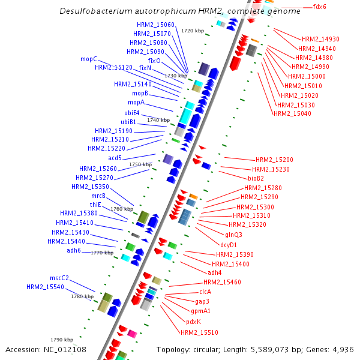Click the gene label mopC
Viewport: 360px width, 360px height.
coord(88,59)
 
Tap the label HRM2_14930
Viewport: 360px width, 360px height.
coord(320,38)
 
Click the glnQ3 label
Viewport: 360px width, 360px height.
coord(233,235)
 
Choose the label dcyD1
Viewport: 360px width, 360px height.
coord(229,245)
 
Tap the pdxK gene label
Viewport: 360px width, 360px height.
coord(193,322)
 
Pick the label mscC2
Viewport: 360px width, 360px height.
coord(59,278)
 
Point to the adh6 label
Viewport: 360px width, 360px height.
coord(74,250)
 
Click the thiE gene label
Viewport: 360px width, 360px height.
coord(95,205)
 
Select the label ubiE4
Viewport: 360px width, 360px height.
coord(132,113)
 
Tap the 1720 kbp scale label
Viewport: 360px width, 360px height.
coord(193,31)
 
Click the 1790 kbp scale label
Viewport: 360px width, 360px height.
coord(62,340)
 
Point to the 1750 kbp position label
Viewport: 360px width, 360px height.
coord(140,164)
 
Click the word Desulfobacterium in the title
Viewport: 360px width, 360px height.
coord(97,11)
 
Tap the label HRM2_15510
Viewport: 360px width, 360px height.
coord(199,332)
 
